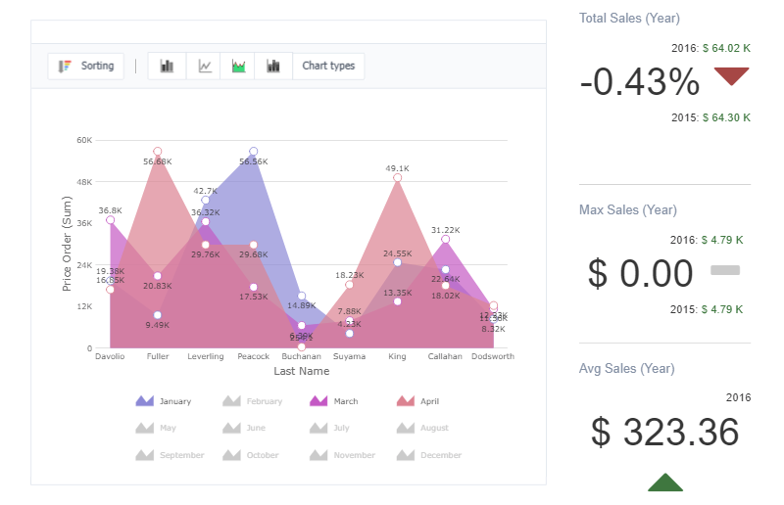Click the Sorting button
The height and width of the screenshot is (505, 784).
(86, 67)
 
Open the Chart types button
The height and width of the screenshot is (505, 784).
(328, 67)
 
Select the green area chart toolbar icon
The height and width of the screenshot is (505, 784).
(238, 67)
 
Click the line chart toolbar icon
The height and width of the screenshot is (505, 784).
(204, 67)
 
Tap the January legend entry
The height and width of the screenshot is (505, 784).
(164, 401)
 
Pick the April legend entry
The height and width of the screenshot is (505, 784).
(419, 401)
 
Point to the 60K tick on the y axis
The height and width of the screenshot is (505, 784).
(84, 140)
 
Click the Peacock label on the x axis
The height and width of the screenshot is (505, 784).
(253, 357)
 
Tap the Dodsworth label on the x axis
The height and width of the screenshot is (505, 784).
(492, 357)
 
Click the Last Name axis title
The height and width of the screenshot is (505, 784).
(301, 372)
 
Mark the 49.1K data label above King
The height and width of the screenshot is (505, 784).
(397, 168)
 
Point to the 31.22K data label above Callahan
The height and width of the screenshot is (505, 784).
(445, 230)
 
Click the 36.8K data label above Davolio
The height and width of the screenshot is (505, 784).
(110, 210)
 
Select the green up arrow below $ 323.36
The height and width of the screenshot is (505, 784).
(665, 482)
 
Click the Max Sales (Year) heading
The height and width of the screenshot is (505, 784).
(628, 210)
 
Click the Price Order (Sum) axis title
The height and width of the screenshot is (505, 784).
(68, 244)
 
